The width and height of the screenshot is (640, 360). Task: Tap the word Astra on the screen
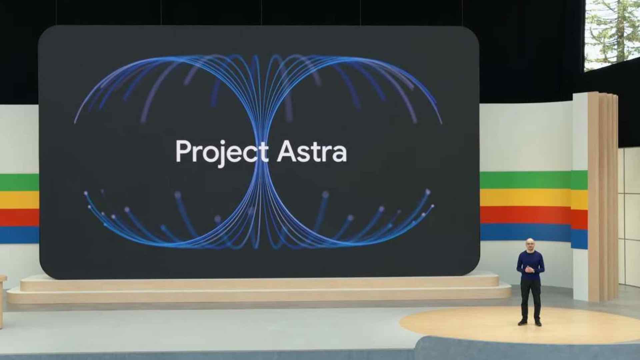click(x=312, y=152)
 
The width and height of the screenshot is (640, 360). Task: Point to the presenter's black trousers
click(x=530, y=297)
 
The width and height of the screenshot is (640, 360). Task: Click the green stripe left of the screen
click(x=18, y=182)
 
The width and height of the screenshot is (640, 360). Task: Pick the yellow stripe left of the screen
click(x=18, y=200)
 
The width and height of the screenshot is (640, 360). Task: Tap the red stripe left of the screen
click(x=18, y=217)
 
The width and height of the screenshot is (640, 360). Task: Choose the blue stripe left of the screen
click(x=18, y=235)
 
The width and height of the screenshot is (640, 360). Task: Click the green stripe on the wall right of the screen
click(x=525, y=180)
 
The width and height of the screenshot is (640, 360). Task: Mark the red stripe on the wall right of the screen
click(x=525, y=215)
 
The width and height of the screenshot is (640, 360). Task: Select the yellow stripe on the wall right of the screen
click(x=525, y=197)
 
